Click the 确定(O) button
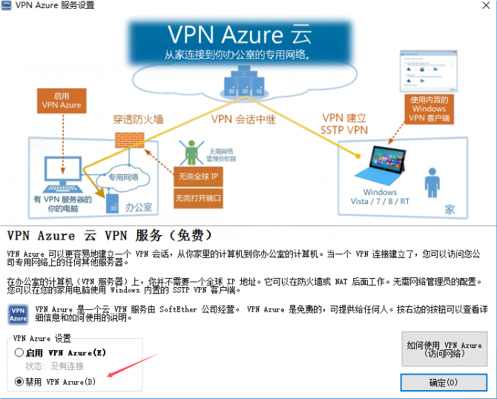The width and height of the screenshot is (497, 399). [x=444, y=383]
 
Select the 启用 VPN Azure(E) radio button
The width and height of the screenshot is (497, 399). [x=19, y=354]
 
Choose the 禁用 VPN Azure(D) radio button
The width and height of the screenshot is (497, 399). [x=19, y=382]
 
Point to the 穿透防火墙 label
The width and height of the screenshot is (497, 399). [x=139, y=119]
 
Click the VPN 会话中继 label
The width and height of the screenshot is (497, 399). [x=244, y=119]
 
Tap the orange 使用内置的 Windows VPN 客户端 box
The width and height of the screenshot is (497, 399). [x=429, y=109]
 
